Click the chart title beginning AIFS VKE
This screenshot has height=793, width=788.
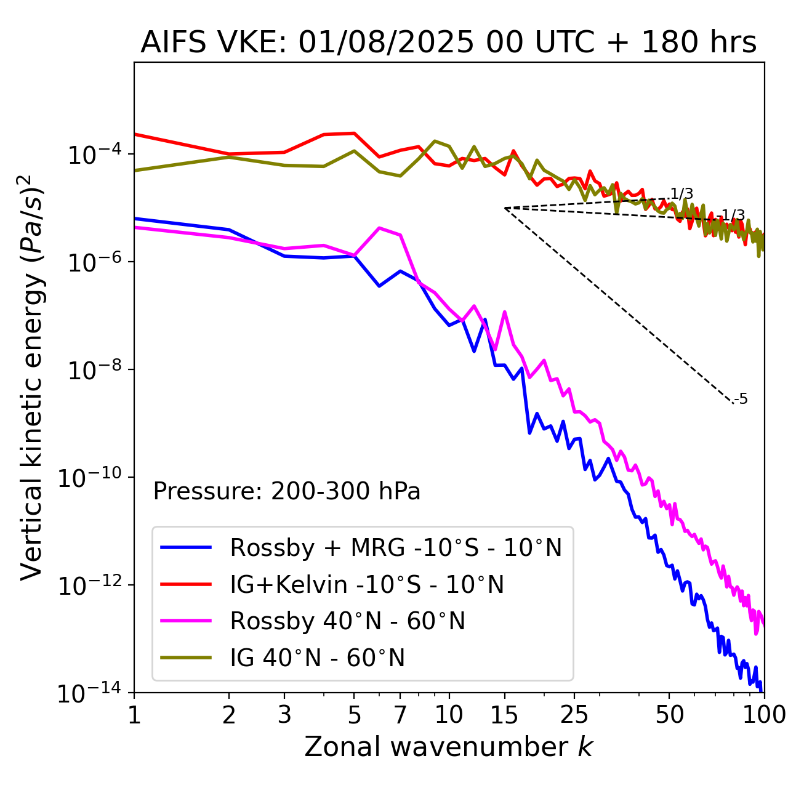448,43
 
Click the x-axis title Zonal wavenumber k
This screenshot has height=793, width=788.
448,747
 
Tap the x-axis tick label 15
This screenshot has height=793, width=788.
505,715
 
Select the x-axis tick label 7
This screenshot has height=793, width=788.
400,715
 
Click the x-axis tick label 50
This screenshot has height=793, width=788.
669,715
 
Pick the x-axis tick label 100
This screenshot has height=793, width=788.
763,715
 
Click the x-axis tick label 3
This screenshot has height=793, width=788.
284,715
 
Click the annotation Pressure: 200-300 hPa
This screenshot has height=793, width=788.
286,491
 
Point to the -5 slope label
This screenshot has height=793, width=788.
741,400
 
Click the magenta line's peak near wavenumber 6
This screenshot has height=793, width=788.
380,228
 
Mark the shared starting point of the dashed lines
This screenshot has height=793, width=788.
505,208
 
